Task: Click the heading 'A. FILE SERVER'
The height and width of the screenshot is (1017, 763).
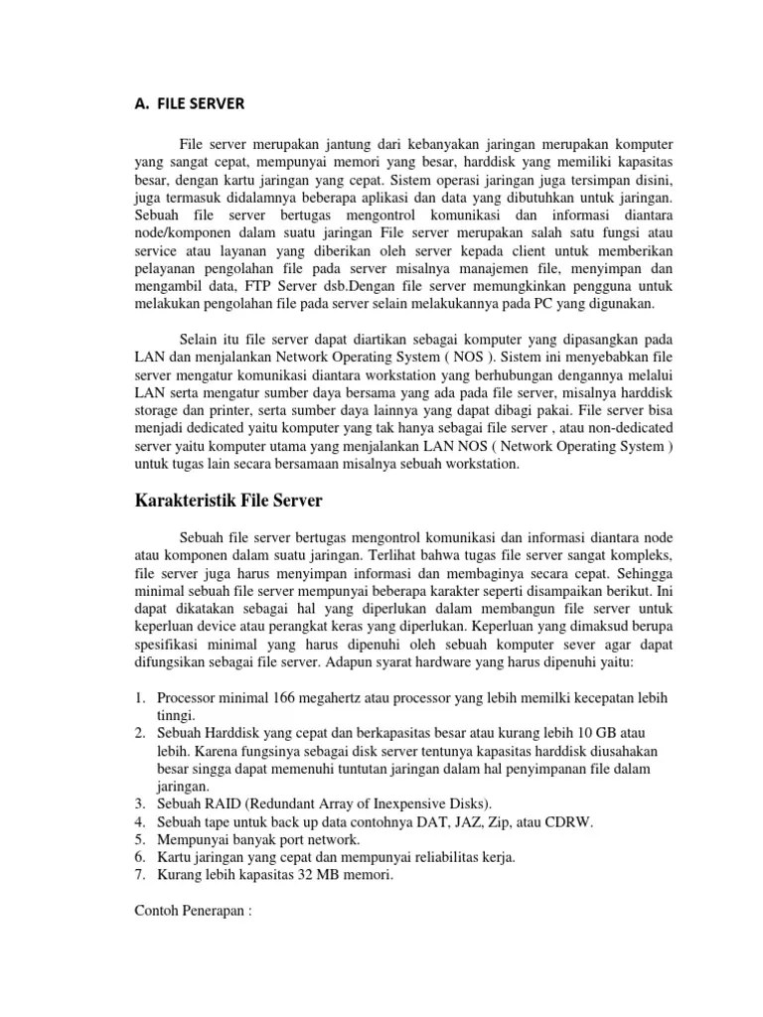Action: (186, 102)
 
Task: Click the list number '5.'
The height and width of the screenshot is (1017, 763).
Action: (141, 839)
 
